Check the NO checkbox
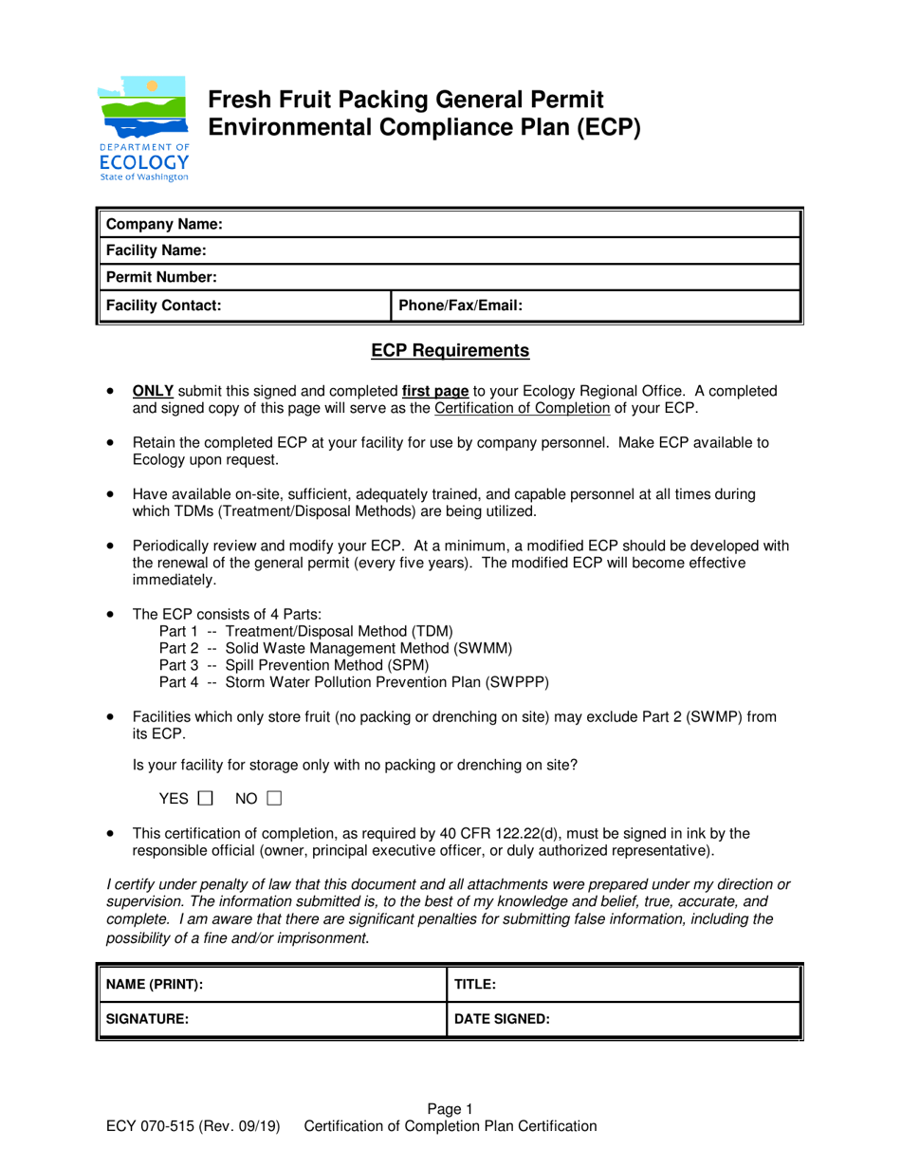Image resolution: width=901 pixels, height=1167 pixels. pyautogui.click(x=274, y=799)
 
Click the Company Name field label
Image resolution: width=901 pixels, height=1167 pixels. pyautogui.click(x=164, y=225)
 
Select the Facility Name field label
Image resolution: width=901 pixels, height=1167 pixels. pyautogui.click(x=156, y=251)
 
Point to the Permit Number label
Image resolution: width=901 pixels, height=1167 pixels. pyautogui.click(x=161, y=278)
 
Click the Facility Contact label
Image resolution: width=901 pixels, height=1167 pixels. pyautogui.click(x=163, y=306)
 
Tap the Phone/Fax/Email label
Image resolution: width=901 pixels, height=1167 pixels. pyautogui.click(x=460, y=306)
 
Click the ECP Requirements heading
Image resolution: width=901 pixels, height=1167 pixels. pyautogui.click(x=450, y=351)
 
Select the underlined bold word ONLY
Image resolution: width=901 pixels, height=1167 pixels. pyautogui.click(x=154, y=390)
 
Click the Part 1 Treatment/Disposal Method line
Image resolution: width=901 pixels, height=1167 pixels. pyautogui.click(x=306, y=631)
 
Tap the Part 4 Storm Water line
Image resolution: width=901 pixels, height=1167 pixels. pyautogui.click(x=354, y=682)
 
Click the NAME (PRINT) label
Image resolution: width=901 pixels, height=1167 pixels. pyautogui.click(x=154, y=985)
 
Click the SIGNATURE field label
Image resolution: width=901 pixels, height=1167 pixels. pyautogui.click(x=147, y=1020)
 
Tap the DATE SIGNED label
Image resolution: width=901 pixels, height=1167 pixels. pyautogui.click(x=503, y=1020)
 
